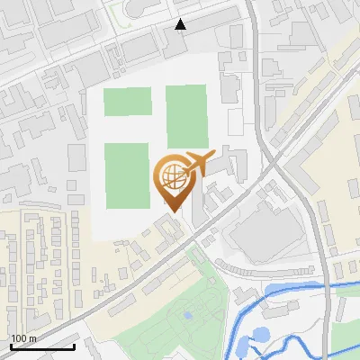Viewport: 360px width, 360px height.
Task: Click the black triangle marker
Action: (x=181, y=24)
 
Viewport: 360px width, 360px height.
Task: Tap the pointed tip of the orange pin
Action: (x=170, y=211)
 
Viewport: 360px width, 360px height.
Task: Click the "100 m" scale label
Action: (x=23, y=338)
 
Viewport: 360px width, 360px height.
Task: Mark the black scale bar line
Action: (x=42, y=346)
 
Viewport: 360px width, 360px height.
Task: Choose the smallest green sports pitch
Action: (x=127, y=102)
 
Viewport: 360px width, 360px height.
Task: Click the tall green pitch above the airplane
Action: (x=185, y=116)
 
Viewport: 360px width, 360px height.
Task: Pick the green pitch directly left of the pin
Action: (x=126, y=175)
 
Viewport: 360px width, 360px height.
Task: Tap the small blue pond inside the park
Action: (x=187, y=315)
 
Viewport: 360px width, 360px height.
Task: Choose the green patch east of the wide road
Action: (x=347, y=337)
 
